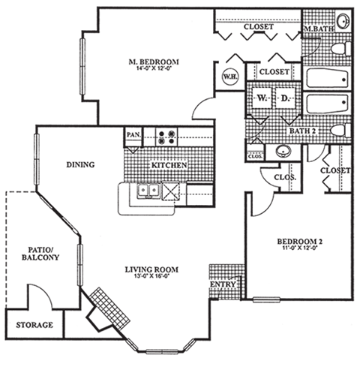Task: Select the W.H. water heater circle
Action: click(x=229, y=76)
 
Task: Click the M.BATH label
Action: click(x=318, y=29)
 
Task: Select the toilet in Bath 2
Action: click(x=337, y=131)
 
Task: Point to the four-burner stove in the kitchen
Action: click(x=166, y=137)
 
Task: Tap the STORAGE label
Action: click(x=34, y=325)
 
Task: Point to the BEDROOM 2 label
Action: click(x=301, y=241)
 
